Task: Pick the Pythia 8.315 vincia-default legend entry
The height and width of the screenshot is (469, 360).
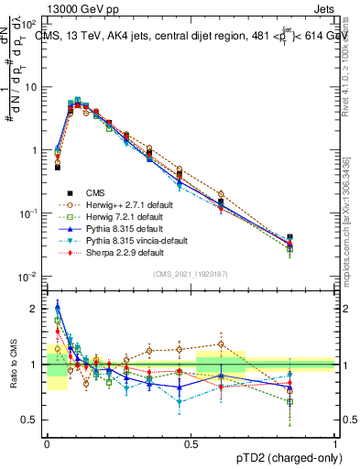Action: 126,240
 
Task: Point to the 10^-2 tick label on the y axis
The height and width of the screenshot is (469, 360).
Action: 28,277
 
